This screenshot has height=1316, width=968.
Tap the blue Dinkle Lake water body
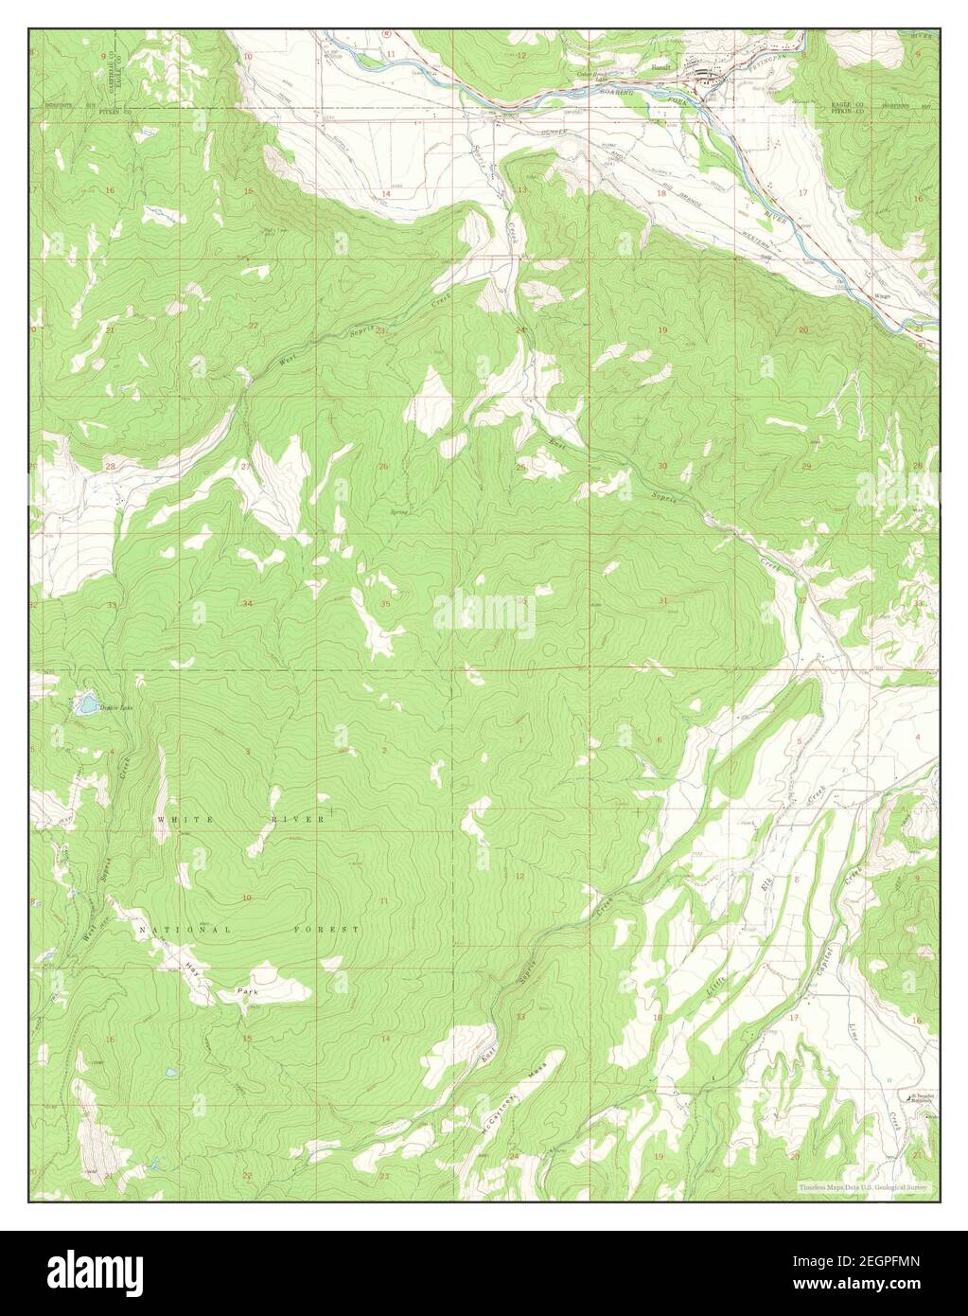coord(86,703)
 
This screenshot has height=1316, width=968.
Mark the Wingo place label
coord(883,295)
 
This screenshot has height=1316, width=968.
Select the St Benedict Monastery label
coord(915,1098)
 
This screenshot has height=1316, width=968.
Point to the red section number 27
coord(245,467)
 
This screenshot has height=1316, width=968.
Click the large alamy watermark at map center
coord(484,611)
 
